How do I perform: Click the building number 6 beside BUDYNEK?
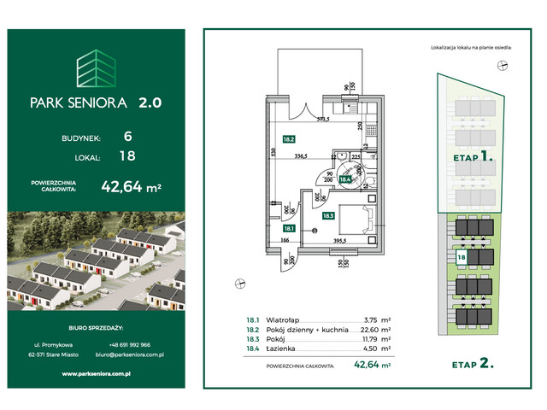(127, 136)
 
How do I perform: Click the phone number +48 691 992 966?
(126, 345)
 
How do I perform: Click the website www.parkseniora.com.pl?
(96, 373)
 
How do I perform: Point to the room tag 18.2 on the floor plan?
(289, 138)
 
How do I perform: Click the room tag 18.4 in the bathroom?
(347, 179)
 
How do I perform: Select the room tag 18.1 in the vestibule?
(289, 228)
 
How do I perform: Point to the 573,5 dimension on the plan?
(323, 120)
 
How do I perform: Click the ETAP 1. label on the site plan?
(472, 158)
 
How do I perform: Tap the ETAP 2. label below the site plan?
(473, 363)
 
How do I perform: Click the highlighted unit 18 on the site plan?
(462, 257)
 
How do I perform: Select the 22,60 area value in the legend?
(368, 329)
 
